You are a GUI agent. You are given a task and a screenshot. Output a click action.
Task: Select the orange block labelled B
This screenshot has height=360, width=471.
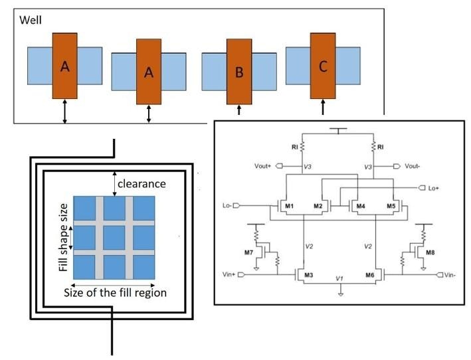[239, 71]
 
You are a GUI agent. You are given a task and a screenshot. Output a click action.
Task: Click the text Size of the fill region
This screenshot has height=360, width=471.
[114, 292]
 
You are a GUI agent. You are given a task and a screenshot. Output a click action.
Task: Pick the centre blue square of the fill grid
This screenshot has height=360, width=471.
[114, 236]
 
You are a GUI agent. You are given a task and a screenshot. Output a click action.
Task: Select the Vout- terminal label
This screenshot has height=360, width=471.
[414, 166]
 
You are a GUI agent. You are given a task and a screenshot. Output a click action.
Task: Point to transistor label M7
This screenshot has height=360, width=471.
[249, 253]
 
